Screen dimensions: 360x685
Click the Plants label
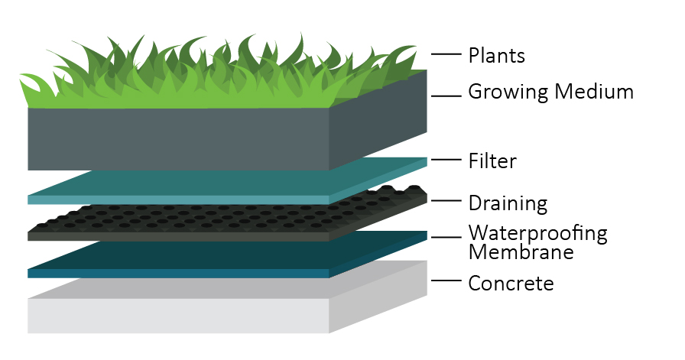click(497, 56)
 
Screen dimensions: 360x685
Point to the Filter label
click(492, 161)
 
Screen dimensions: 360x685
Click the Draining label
click(508, 204)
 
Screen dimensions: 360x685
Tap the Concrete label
click(511, 284)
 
